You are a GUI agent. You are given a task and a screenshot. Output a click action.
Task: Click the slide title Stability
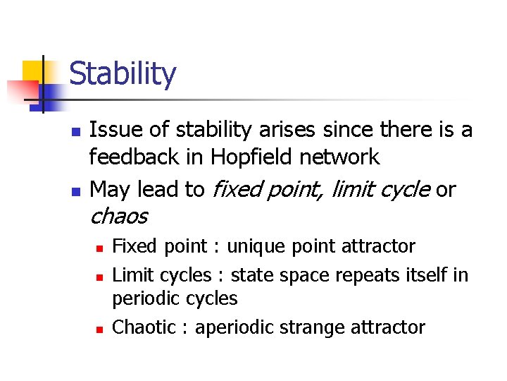123,74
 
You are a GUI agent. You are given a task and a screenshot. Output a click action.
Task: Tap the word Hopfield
251,157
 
